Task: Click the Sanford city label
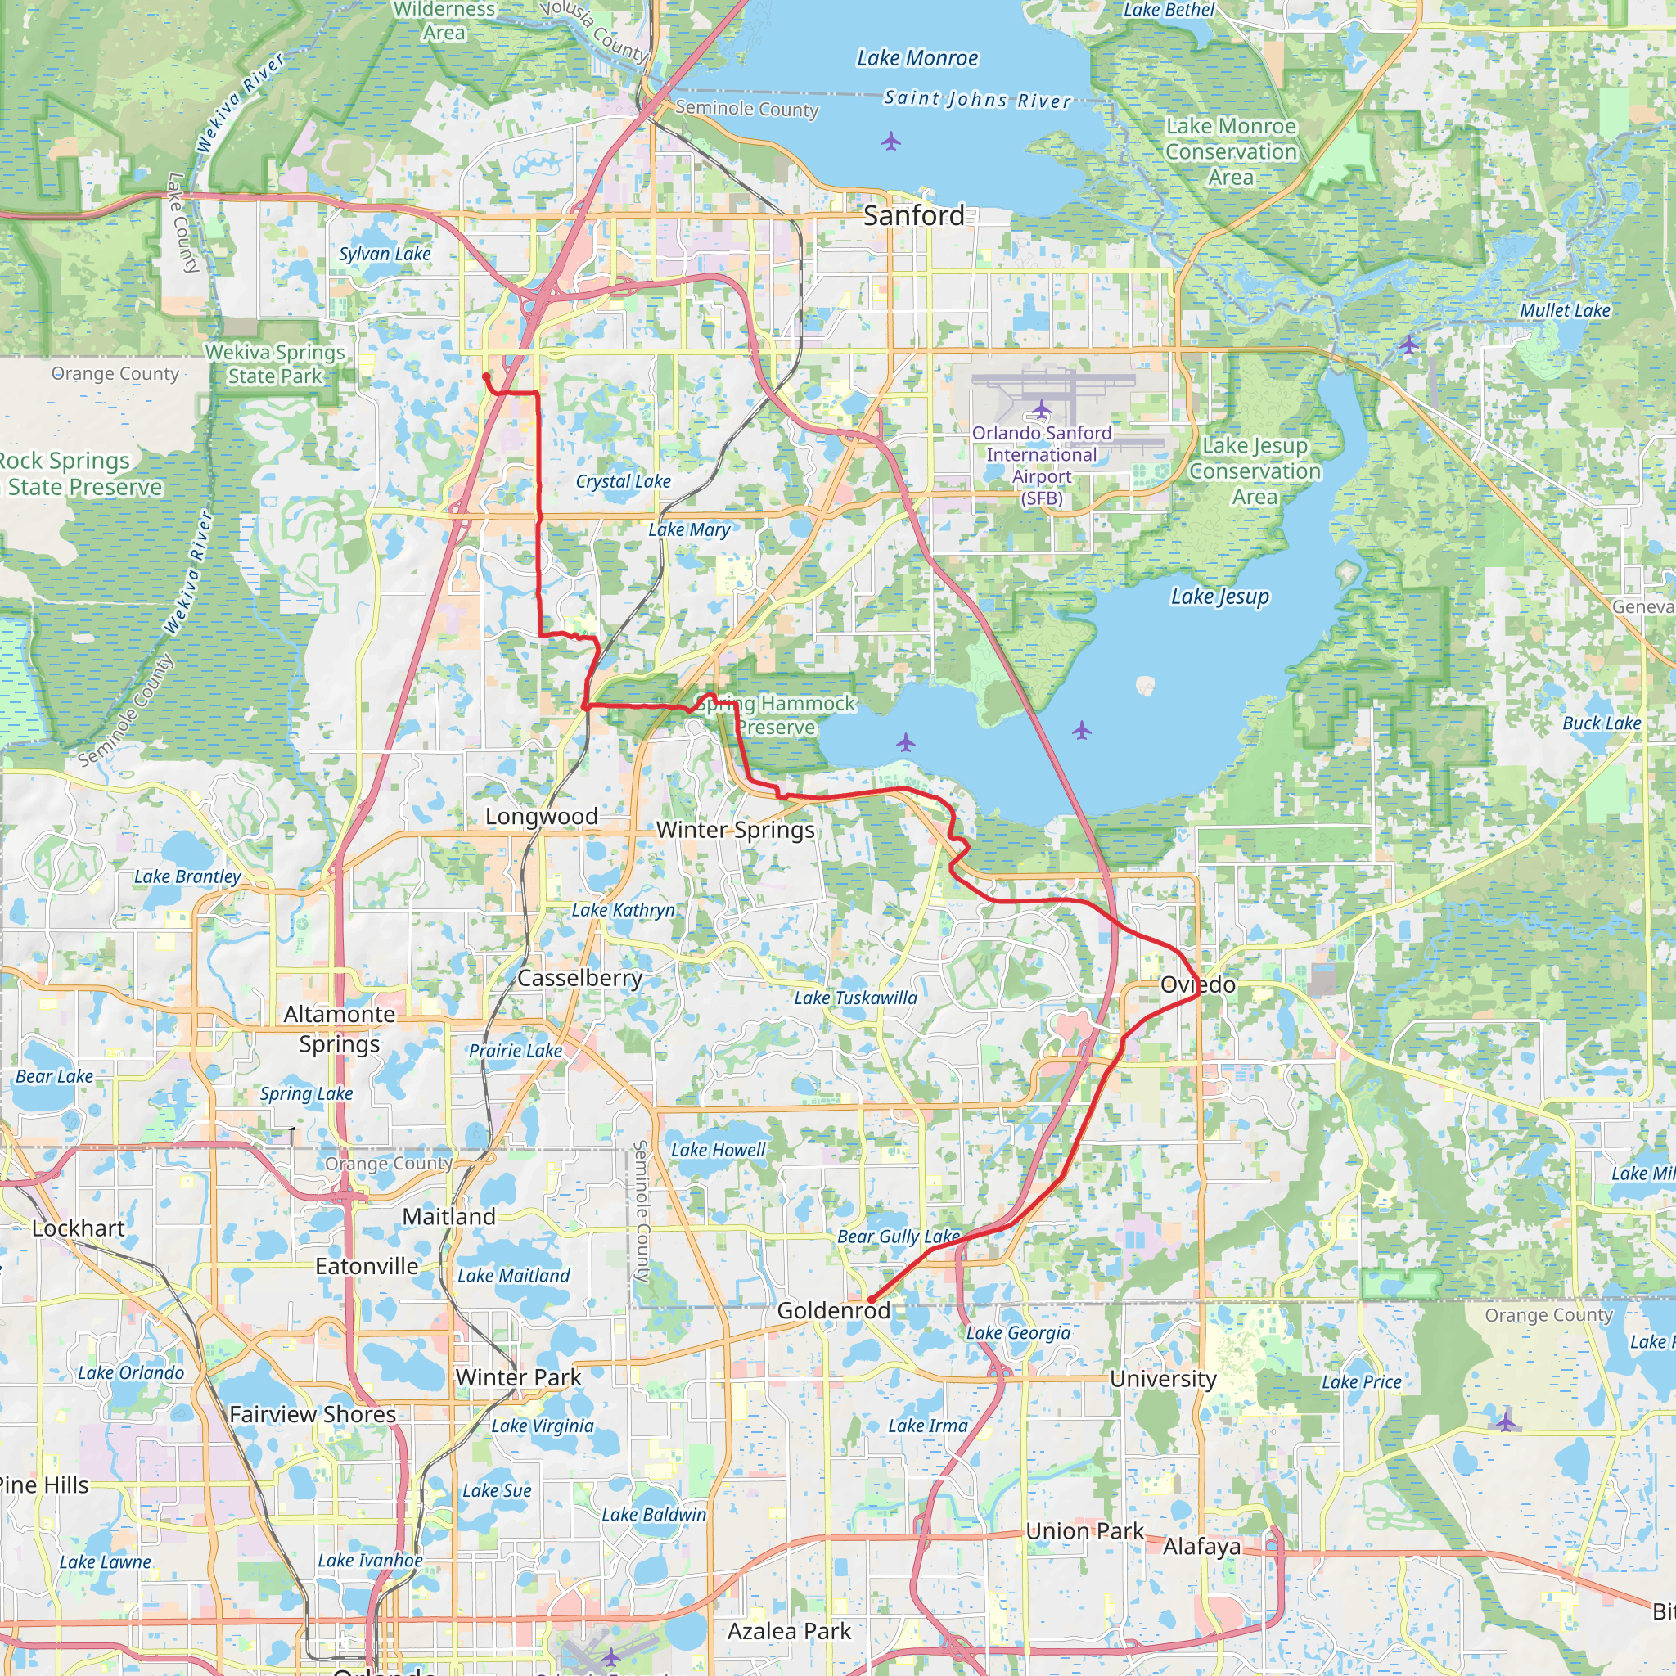913,215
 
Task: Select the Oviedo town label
1197,984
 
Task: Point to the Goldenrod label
833,1310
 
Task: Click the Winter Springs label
735,830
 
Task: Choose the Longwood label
541,816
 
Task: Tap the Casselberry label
579,979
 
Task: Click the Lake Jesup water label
1219,597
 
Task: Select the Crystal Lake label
623,481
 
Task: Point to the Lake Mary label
689,530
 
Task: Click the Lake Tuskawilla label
855,998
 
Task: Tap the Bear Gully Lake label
898,1237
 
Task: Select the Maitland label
448,1216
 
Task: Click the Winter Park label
518,1377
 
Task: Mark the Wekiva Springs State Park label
275,364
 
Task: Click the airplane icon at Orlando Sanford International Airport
1041,408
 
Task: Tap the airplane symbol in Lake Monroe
891,141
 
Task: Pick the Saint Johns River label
978,100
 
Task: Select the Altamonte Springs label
339,1029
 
